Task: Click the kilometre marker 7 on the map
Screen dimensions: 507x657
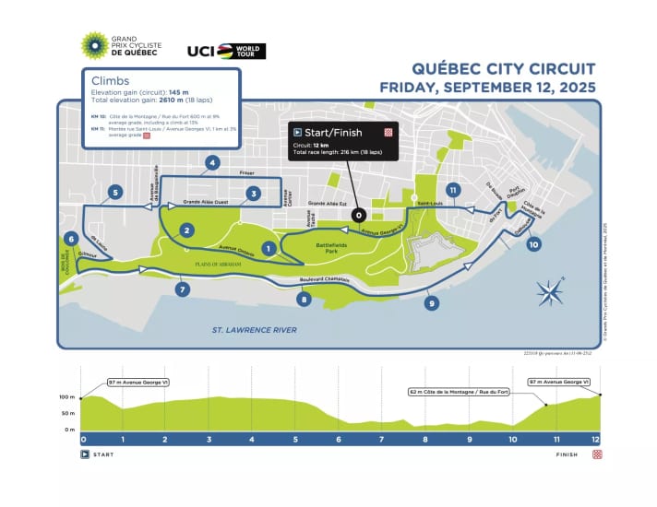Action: [x=182, y=289]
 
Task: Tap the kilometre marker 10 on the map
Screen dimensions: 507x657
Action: [x=533, y=244]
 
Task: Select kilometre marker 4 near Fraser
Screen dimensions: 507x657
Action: [x=213, y=164]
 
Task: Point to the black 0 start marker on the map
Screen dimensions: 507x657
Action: [x=358, y=215]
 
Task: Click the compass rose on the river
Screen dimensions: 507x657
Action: [x=552, y=293]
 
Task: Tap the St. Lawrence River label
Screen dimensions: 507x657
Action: [x=256, y=328]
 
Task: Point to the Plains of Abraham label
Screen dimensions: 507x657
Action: [x=218, y=264]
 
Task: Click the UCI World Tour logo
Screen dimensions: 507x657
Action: [x=226, y=51]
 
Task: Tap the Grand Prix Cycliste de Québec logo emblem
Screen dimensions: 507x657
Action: [x=94, y=45]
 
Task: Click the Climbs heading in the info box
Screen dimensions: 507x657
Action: [x=111, y=80]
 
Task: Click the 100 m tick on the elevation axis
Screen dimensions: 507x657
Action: [x=66, y=397]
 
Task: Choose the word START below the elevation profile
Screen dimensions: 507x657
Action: [x=103, y=454]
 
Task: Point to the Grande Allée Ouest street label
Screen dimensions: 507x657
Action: [x=207, y=200]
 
